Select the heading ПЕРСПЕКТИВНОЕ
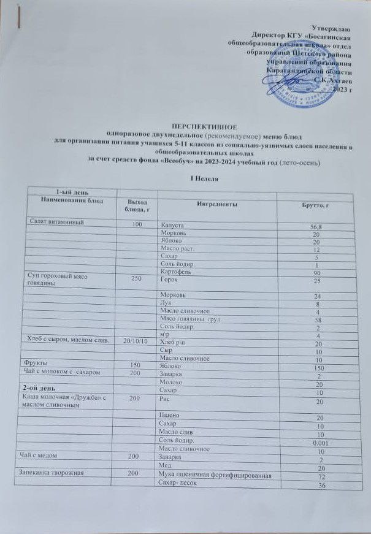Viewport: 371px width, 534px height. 185,124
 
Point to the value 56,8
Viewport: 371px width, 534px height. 315,227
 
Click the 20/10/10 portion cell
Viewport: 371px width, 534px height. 136,340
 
